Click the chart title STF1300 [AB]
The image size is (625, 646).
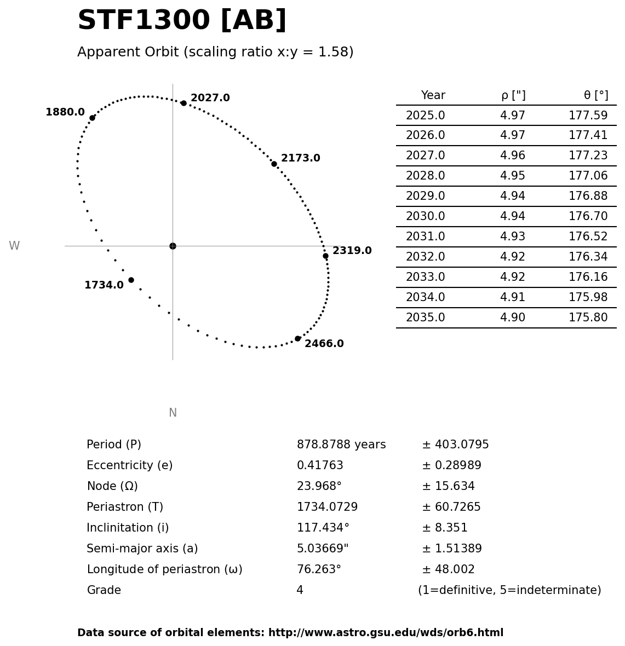pos(182,21)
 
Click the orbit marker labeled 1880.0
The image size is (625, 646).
pos(92,118)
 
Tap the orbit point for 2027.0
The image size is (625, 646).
pos(184,103)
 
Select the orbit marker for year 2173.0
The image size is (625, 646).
pos(274,164)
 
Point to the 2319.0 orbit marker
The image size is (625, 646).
pos(325,256)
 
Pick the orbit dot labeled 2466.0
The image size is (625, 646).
pos(297,338)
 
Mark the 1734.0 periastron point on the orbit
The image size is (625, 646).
pos(131,280)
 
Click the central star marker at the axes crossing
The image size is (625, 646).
pos(173,246)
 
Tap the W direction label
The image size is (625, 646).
pos(14,246)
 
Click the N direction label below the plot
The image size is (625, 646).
pos(173,413)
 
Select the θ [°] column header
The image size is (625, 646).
pos(595,96)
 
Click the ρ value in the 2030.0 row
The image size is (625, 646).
pos(512,217)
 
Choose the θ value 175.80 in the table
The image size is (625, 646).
pos(588,318)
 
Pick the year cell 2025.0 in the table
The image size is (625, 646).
pos(425,116)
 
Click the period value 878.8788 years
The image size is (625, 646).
pos(341,445)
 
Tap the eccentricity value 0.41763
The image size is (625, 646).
pos(320,466)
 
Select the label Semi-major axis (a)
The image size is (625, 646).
pos(142,549)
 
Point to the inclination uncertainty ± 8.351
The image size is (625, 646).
pos(444,528)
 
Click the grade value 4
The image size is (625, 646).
pos(300,591)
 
